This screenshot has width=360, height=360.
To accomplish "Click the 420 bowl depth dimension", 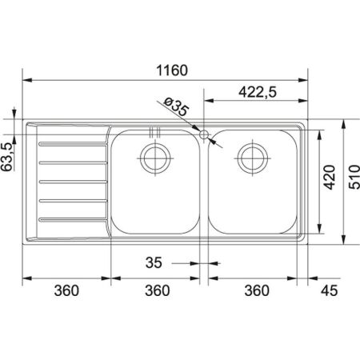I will (330, 184).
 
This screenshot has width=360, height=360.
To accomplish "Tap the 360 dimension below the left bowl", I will (157, 291).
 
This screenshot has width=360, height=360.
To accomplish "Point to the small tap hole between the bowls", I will (205, 134).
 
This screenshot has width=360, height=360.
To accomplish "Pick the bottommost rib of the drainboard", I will (70, 218).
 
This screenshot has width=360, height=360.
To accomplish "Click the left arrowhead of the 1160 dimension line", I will (25, 80).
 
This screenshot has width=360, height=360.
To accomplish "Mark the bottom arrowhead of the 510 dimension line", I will (344, 239).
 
